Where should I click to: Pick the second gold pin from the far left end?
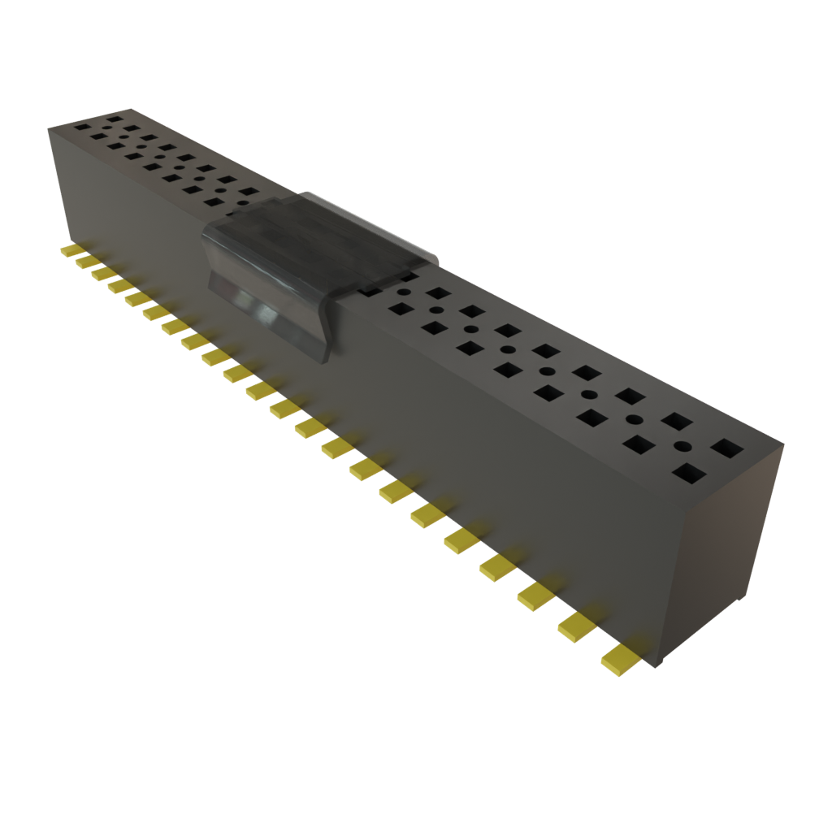tap(84, 262)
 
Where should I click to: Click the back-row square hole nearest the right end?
tap(726, 448)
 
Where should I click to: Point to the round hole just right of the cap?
tap(403, 293)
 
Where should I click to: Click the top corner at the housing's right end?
tap(784, 444)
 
